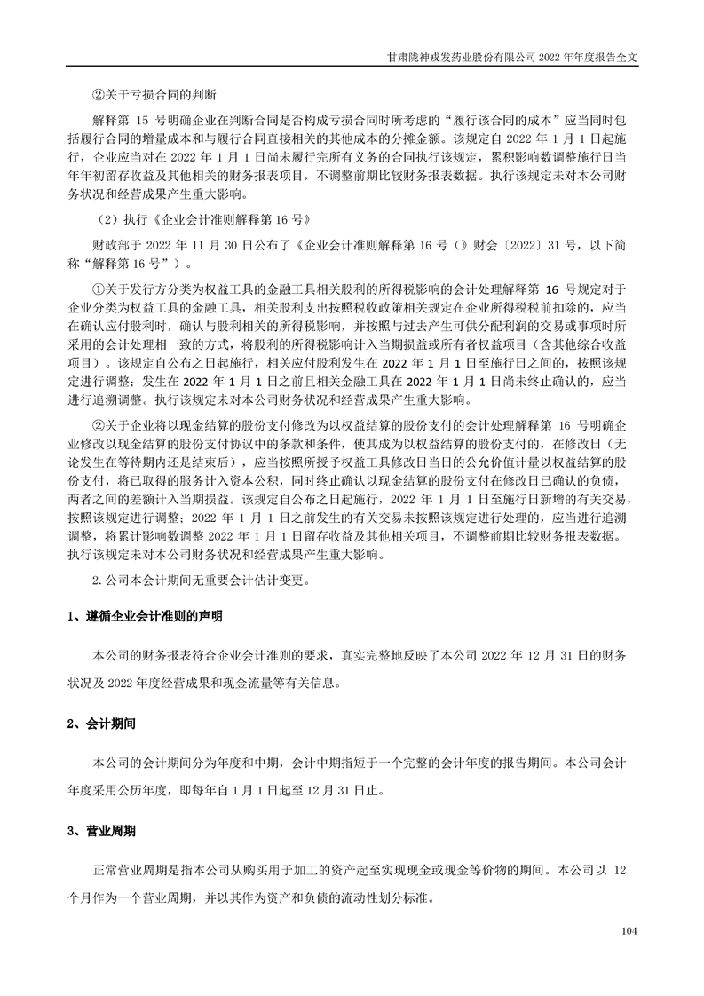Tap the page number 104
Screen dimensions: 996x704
tap(630, 931)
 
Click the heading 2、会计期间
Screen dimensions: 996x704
tap(100, 723)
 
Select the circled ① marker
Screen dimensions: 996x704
tap(99, 289)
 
